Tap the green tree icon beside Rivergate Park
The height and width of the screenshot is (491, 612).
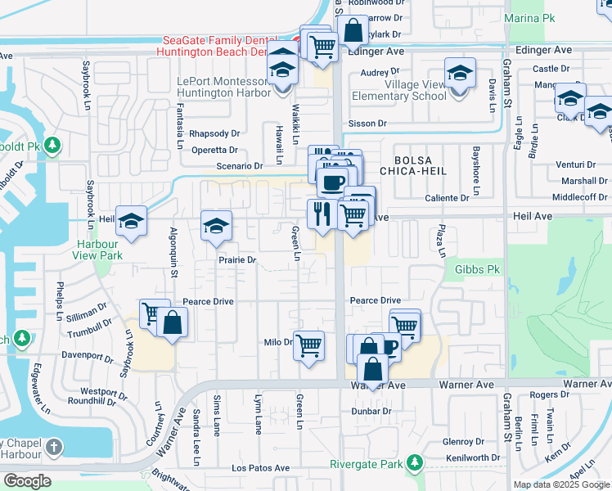(415, 464)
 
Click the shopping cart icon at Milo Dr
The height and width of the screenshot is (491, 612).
(308, 345)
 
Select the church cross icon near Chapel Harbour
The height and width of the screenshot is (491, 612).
(54, 447)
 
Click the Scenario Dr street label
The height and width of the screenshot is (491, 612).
(234, 165)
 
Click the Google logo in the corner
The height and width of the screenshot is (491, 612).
(28, 480)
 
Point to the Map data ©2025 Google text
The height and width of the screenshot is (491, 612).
(560, 484)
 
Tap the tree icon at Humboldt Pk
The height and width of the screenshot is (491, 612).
(53, 145)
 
